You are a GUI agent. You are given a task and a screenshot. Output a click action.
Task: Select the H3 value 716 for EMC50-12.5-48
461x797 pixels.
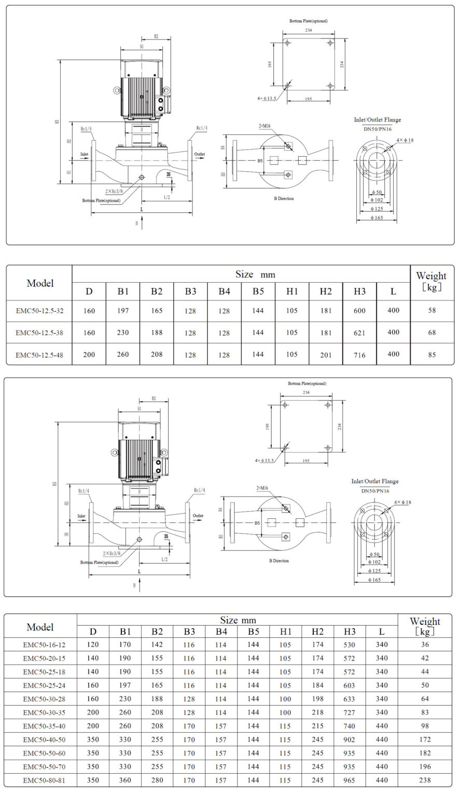pos(359,355)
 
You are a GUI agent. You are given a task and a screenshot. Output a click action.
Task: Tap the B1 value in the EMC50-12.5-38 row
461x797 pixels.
pos(123,333)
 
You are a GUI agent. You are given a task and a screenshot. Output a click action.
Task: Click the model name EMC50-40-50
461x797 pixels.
pos(40,739)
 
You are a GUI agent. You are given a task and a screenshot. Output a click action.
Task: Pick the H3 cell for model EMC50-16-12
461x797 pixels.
pos(349,645)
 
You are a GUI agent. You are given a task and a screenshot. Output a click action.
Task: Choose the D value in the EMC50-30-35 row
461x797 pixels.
pos(93,712)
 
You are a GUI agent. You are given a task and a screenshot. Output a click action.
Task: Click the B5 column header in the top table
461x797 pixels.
pos(258,292)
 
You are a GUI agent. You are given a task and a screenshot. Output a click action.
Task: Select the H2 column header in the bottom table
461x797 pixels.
pos(317,631)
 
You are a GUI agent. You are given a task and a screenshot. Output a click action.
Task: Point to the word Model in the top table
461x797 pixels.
pos(40,283)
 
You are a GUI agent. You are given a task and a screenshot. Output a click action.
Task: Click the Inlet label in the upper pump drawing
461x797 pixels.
pos(85,154)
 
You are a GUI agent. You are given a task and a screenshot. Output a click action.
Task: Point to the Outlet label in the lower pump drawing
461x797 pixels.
pos(198,516)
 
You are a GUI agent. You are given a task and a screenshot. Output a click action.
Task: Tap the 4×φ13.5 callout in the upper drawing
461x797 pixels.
pos(266,98)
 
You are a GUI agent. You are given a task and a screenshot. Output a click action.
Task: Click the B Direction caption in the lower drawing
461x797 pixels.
pos(279,561)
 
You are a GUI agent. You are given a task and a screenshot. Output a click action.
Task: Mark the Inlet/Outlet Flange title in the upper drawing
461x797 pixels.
pos(377,120)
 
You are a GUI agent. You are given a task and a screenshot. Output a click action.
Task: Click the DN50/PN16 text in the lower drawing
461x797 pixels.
pos(375,491)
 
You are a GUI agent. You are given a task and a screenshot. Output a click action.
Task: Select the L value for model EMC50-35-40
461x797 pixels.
pos(381,726)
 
